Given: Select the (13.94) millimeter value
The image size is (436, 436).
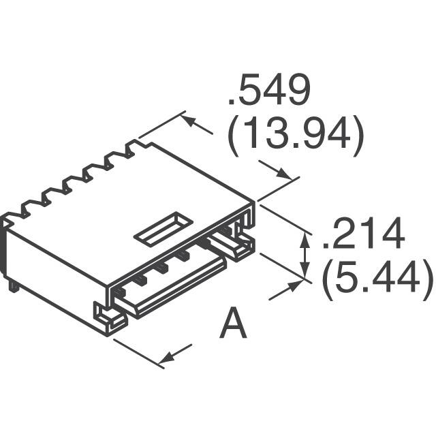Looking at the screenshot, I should pyautogui.click(x=294, y=136).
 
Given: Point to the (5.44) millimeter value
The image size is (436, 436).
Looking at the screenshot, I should pyautogui.click(x=376, y=279).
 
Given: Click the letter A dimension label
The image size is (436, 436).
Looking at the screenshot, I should pyautogui.click(x=234, y=324).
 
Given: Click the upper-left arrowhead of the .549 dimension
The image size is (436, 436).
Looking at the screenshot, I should pyautogui.click(x=190, y=121).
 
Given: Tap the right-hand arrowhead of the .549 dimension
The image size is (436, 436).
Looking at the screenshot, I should pyautogui.click(x=285, y=174).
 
